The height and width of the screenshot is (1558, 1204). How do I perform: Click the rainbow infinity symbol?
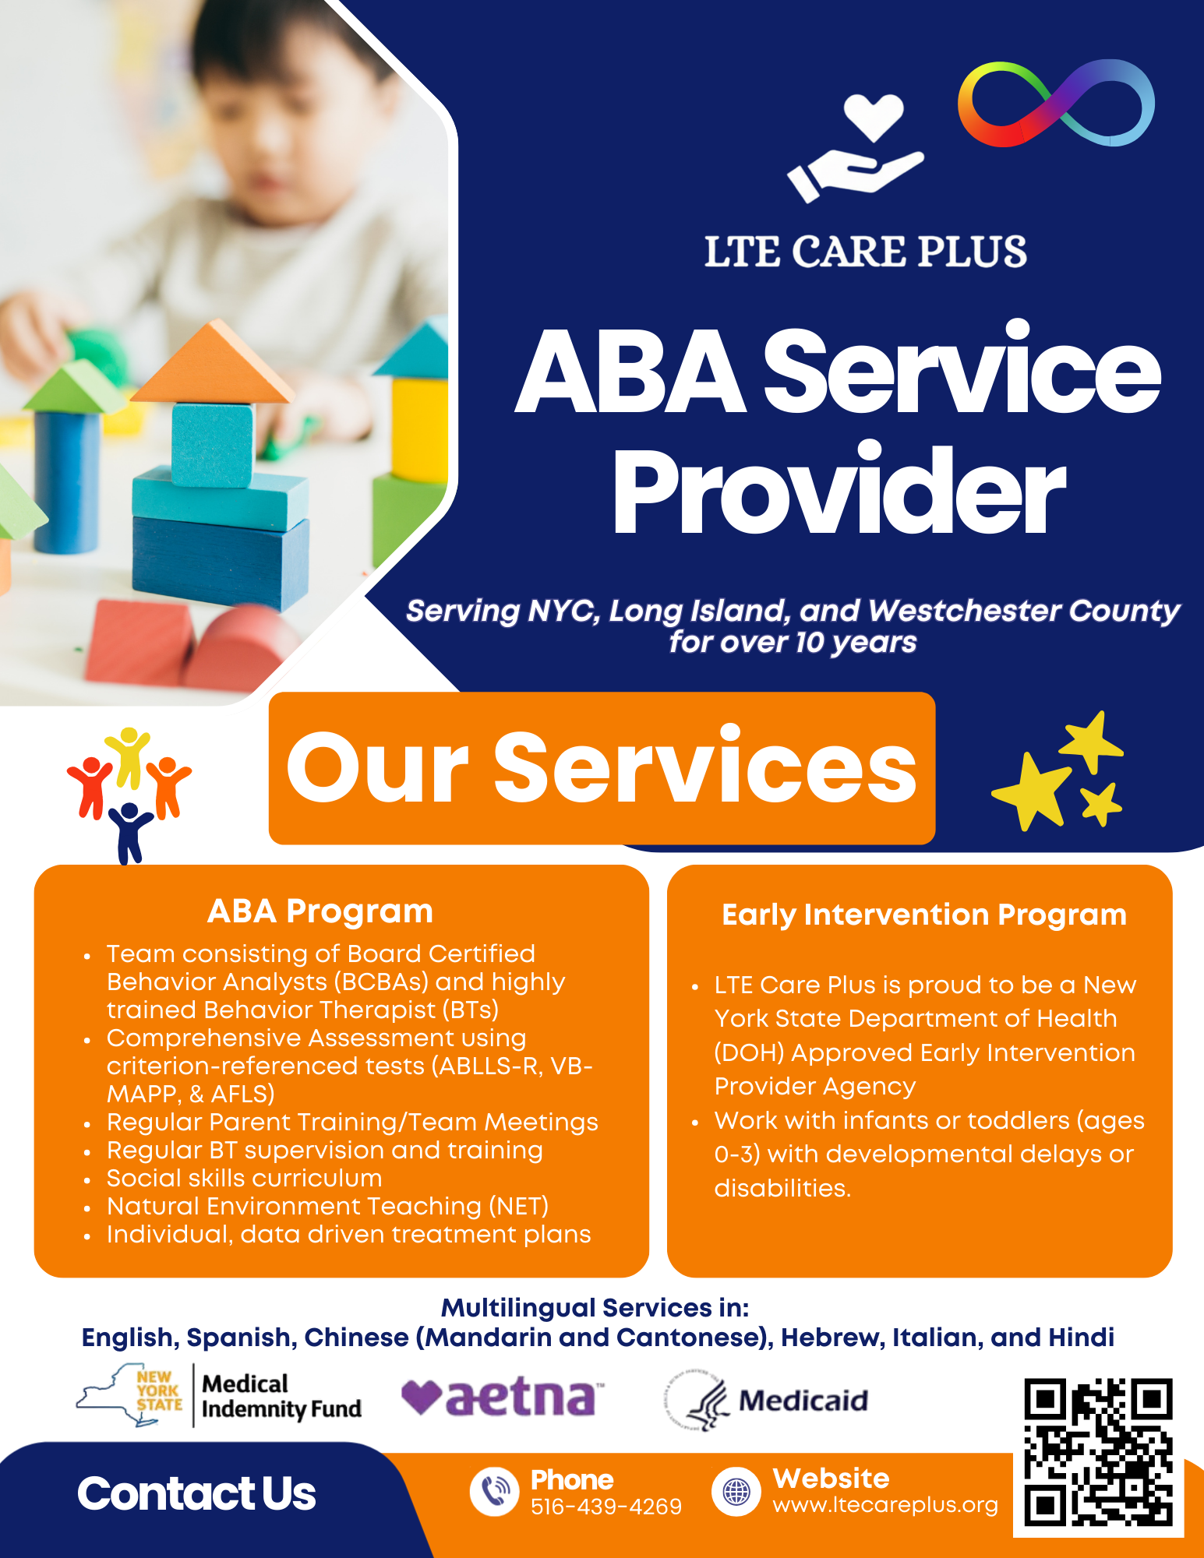[x=1056, y=104]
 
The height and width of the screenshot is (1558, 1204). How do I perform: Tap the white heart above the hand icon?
[x=874, y=116]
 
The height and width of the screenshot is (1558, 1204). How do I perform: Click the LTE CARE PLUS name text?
[x=866, y=252]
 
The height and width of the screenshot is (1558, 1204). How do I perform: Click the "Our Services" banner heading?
[x=602, y=767]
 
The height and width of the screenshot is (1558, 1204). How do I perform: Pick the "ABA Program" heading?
[x=320, y=911]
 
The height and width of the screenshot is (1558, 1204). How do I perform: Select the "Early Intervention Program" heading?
[x=924, y=915]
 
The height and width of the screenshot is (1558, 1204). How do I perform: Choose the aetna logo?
[x=503, y=1398]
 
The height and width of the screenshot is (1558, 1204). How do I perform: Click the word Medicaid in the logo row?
[x=803, y=1401]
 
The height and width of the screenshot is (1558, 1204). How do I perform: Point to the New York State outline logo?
[x=129, y=1394]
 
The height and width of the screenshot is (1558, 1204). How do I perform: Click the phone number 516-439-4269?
[x=606, y=1507]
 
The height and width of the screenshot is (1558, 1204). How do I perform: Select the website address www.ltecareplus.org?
[x=885, y=1505]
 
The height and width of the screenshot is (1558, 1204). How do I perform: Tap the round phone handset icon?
[x=494, y=1491]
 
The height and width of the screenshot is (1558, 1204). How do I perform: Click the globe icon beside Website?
[x=736, y=1491]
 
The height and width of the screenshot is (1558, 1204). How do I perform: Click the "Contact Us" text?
[x=196, y=1494]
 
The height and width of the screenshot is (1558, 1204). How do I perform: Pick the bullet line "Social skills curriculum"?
[x=244, y=1178]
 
